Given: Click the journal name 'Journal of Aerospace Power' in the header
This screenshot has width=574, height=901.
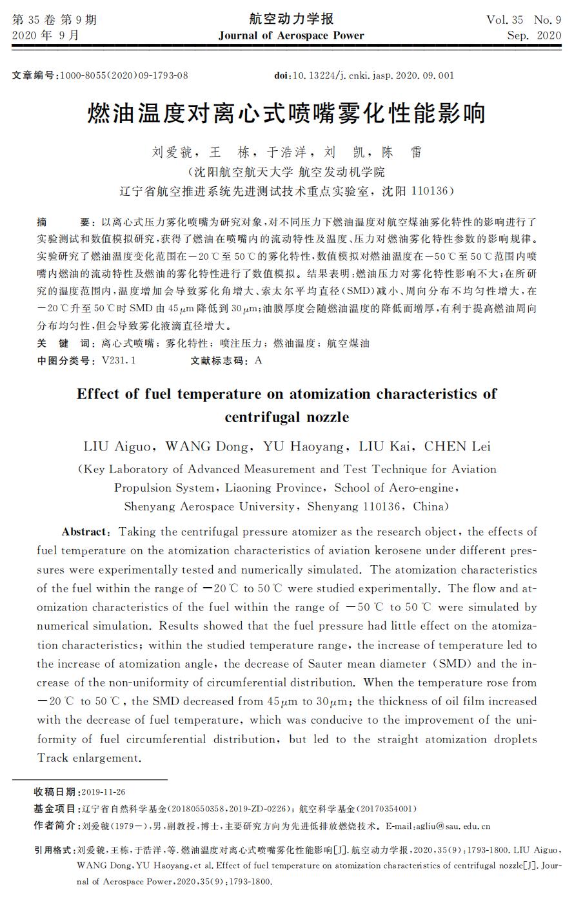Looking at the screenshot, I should [x=291, y=35].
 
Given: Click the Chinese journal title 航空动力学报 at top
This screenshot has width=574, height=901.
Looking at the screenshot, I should [x=291, y=19].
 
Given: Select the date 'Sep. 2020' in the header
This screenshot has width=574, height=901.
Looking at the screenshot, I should [x=534, y=35].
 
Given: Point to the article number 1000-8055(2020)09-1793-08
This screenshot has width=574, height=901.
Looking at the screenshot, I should [x=124, y=75].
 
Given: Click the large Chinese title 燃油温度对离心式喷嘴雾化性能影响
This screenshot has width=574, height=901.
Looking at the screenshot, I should [x=286, y=115].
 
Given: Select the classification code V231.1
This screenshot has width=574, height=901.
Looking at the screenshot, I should [x=119, y=360].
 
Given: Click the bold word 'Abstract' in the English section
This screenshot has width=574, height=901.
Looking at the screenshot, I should [x=84, y=532].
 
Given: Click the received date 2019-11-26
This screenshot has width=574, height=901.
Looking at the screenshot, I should [x=104, y=792].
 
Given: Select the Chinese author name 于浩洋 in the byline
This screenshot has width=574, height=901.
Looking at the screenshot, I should [x=282, y=153].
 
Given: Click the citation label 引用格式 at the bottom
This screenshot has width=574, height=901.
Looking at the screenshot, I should [x=55, y=851].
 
